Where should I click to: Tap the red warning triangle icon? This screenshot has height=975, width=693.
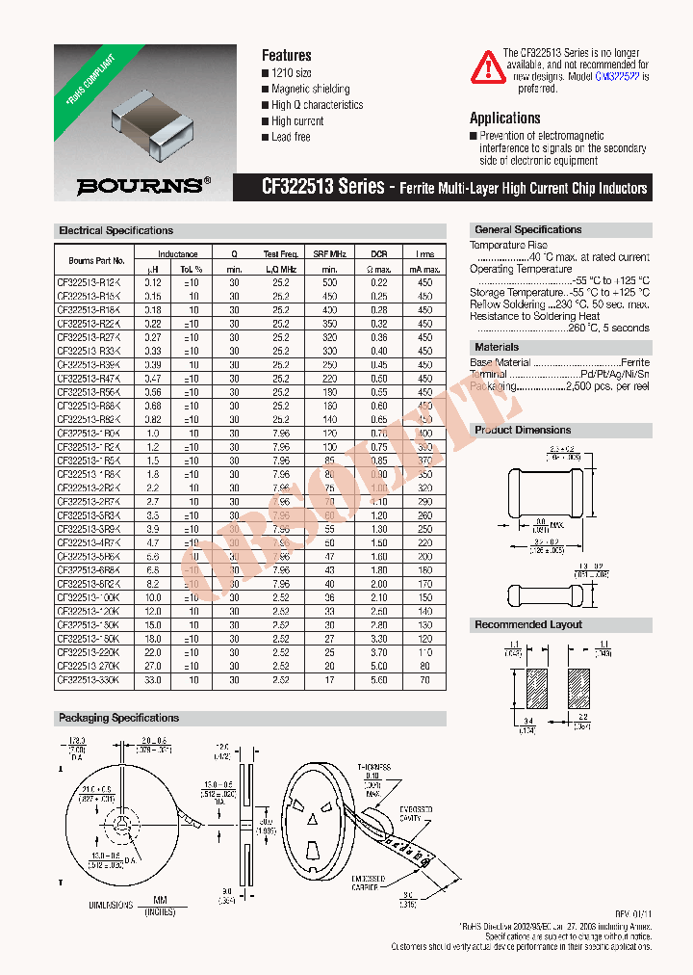(x=487, y=66)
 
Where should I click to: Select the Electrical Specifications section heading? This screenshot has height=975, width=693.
(x=115, y=231)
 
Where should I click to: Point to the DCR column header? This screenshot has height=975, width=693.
(x=378, y=253)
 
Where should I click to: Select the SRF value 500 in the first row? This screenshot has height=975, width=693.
(x=329, y=282)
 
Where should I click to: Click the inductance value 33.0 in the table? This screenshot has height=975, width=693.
(x=153, y=680)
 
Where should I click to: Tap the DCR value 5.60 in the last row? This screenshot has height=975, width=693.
(x=378, y=680)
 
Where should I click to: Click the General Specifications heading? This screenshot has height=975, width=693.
(x=527, y=230)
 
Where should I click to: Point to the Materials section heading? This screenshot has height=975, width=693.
(x=497, y=347)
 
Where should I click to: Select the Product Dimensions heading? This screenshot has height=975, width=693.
(x=523, y=430)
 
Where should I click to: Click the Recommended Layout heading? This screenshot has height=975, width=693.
(x=528, y=624)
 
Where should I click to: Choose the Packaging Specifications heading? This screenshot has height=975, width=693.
(x=118, y=718)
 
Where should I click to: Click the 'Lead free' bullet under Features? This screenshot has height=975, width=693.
(x=291, y=138)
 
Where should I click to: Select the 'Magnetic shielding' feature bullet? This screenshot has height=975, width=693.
(x=310, y=89)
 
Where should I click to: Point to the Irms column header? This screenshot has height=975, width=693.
(x=424, y=253)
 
